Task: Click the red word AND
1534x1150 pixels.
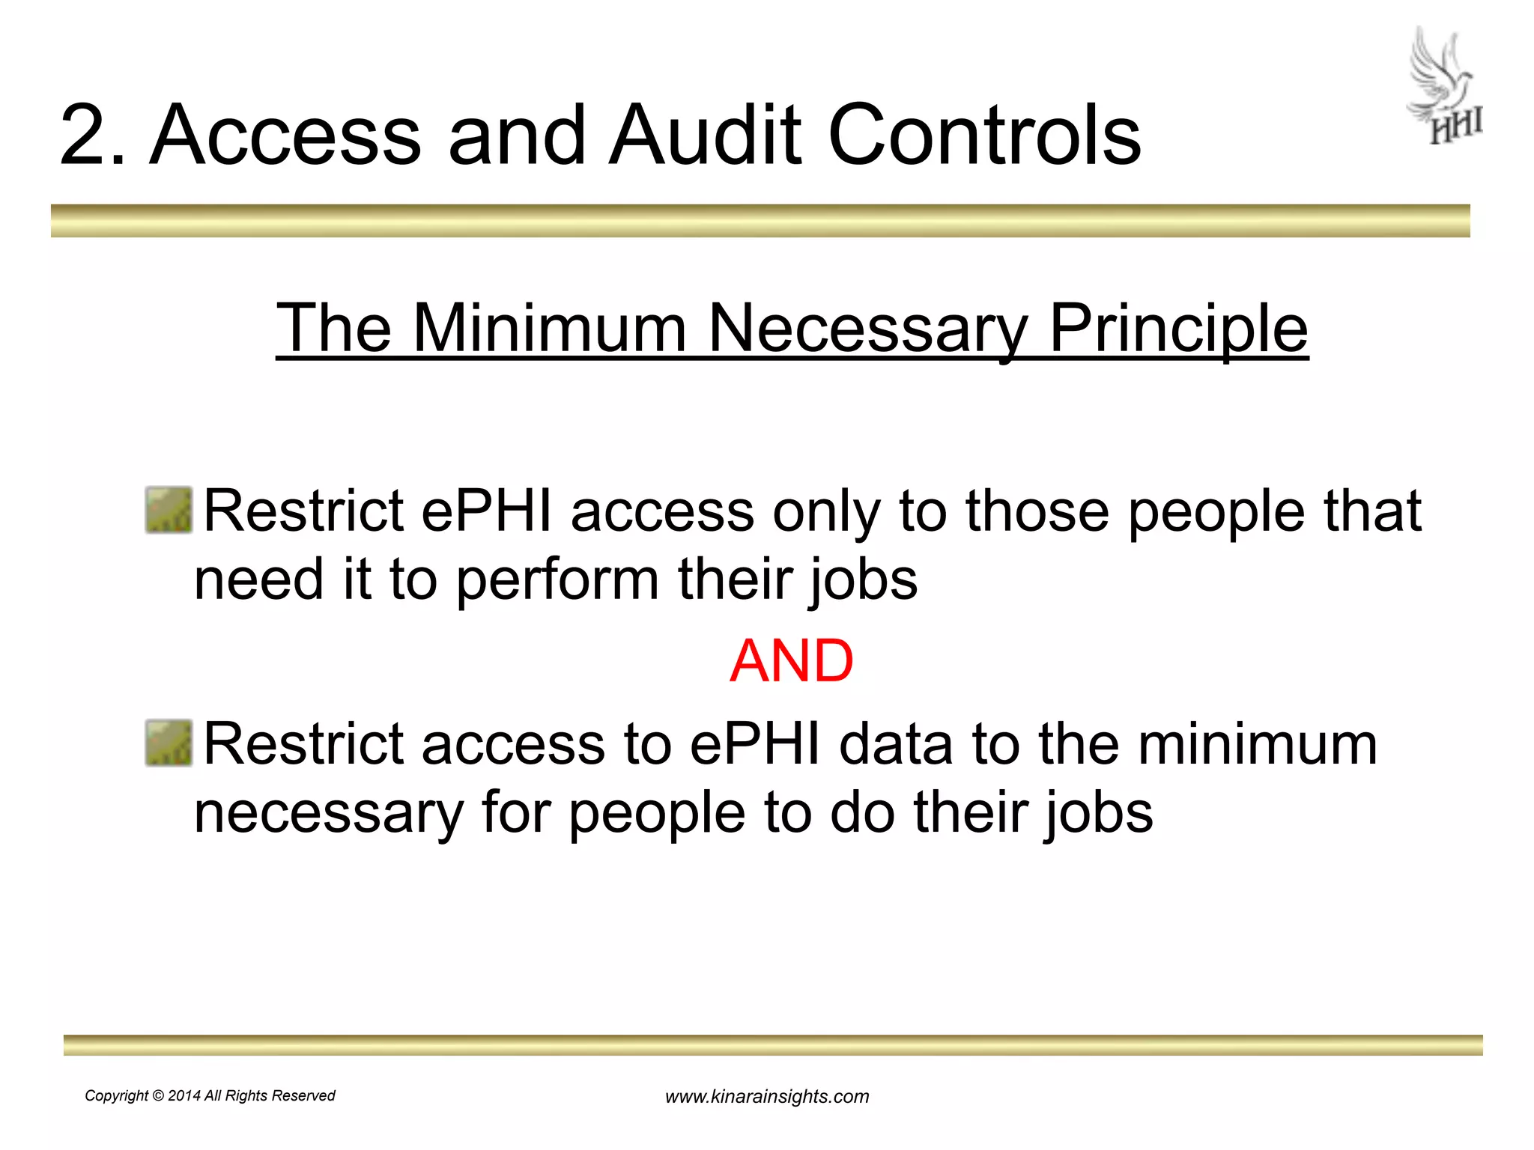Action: pyautogui.click(x=791, y=661)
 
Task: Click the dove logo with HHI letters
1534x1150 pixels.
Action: pyautogui.click(x=1445, y=86)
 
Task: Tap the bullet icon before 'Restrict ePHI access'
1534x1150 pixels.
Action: pyautogui.click(x=169, y=511)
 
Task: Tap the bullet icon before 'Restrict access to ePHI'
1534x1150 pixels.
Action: pyautogui.click(x=169, y=743)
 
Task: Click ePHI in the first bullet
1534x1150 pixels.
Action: pyautogui.click(x=487, y=511)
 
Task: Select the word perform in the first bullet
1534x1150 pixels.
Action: pyautogui.click(x=557, y=579)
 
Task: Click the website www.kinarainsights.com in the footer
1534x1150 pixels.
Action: pyautogui.click(x=767, y=1097)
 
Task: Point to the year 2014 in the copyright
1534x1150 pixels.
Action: pyautogui.click(x=184, y=1096)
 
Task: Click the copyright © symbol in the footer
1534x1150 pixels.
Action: pyautogui.click(x=158, y=1096)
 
